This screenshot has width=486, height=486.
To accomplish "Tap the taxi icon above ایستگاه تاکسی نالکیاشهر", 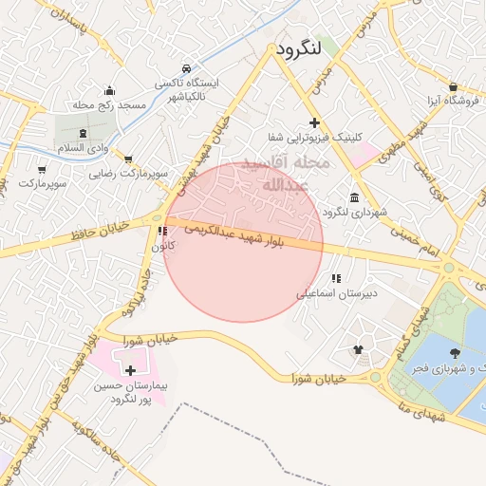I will [187, 69].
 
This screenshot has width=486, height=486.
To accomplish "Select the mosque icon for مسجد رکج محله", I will [111, 90].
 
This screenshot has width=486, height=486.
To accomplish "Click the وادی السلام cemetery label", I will [84, 149].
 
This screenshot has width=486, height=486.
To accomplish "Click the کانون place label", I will [159, 246].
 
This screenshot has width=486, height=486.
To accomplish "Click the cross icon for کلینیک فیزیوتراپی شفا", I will [315, 123].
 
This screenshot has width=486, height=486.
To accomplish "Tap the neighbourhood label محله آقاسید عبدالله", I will [286, 173].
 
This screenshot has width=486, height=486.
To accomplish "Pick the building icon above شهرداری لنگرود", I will [354, 197].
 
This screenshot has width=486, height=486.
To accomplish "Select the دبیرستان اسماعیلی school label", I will [337, 293].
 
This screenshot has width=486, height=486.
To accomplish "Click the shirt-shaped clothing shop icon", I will [358, 349].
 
